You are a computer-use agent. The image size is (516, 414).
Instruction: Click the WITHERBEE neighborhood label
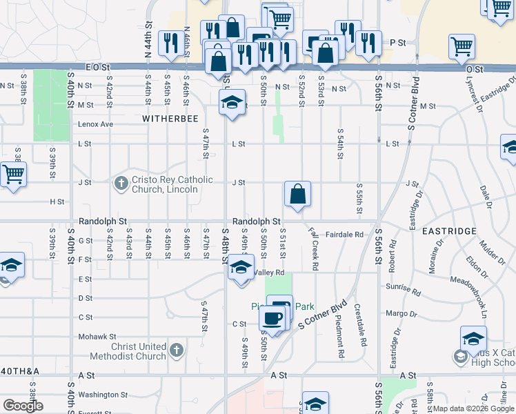click(165, 119)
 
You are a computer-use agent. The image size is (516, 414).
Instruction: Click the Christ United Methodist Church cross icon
click(177, 350)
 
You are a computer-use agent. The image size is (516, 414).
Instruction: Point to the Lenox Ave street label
click(95, 124)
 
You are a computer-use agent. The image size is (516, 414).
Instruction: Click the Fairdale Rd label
click(344, 235)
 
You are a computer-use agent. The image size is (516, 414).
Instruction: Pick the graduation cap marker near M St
click(232, 103)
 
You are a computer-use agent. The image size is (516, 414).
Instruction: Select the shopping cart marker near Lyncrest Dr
click(462, 46)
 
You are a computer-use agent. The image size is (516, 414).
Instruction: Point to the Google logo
click(23, 405)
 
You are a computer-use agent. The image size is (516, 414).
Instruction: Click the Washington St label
click(99, 395)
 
